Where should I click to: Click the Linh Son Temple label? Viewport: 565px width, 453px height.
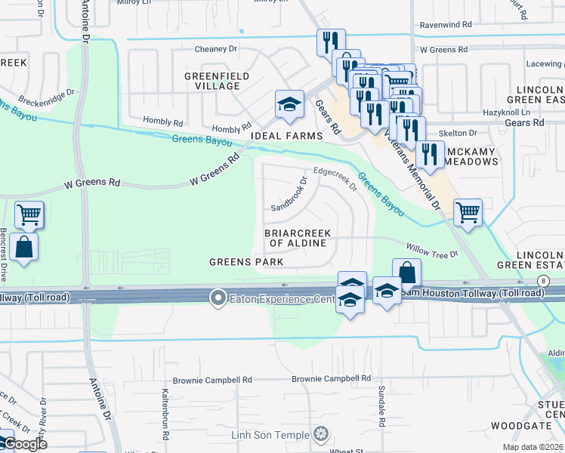270,435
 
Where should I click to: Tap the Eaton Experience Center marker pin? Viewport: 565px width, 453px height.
218,298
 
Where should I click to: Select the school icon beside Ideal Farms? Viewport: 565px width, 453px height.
289,106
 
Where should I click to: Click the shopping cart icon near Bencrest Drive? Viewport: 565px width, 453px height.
29,214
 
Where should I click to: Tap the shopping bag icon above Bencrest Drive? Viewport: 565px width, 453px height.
24,247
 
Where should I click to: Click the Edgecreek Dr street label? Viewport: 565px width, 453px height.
335,177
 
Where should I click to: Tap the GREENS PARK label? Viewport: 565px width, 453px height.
246,262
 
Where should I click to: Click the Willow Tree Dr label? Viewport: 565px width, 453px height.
432,251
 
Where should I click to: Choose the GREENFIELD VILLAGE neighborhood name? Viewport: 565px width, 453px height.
212,81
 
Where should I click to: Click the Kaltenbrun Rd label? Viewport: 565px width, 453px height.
164,403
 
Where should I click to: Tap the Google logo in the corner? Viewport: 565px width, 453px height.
24,443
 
